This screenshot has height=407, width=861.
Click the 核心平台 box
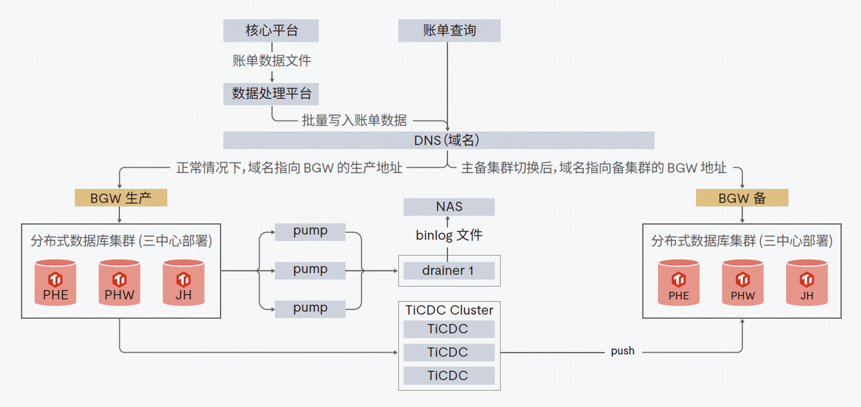(x=271, y=31)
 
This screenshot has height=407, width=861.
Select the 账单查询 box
(x=449, y=31)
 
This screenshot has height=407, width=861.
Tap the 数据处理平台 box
(x=271, y=94)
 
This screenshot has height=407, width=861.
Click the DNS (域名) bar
(x=439, y=140)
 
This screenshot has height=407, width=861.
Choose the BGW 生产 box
(x=120, y=198)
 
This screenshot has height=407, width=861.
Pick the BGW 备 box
(x=742, y=198)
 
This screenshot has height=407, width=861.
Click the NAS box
(x=449, y=207)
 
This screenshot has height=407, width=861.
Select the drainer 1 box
(x=449, y=270)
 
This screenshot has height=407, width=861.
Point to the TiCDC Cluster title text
(x=449, y=310)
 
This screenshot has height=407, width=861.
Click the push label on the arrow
(x=622, y=351)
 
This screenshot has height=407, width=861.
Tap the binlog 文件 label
(x=449, y=235)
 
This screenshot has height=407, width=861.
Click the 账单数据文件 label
(x=271, y=61)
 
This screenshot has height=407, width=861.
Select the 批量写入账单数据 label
(x=354, y=120)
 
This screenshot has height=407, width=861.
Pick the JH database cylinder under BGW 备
(x=807, y=283)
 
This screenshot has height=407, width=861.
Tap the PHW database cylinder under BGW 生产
(x=120, y=283)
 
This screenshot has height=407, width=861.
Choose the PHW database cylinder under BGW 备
(x=743, y=283)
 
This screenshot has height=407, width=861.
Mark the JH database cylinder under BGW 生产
(x=184, y=283)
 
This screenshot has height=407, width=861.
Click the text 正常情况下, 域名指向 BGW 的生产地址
(x=289, y=168)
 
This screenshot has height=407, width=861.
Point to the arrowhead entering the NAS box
(x=449, y=219)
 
